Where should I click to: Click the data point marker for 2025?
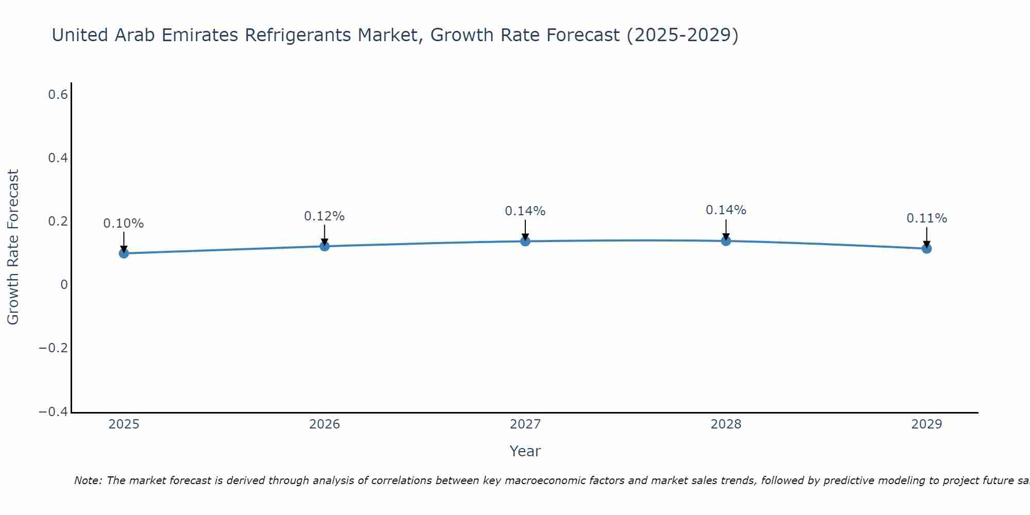[x=124, y=253]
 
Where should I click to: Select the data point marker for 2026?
[x=324, y=246]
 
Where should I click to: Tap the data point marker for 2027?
[x=525, y=241]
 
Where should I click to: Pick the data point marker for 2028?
[x=726, y=241]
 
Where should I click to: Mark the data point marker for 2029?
[x=926, y=248]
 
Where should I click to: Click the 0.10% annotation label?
[x=124, y=224]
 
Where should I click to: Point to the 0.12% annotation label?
[x=324, y=216]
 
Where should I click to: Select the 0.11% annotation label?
[x=926, y=218]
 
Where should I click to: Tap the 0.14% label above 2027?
[x=525, y=211]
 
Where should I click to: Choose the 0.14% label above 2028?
[x=726, y=210]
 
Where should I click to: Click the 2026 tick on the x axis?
[x=324, y=424]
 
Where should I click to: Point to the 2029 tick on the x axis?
[x=926, y=424]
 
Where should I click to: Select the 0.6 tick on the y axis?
[x=58, y=95]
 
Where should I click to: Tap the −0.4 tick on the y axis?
[x=54, y=412]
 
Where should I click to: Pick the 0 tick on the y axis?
[x=64, y=285]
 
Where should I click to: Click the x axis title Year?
[x=525, y=451]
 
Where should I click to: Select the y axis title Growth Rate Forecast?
[x=13, y=247]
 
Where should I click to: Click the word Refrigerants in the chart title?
[x=298, y=35]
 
